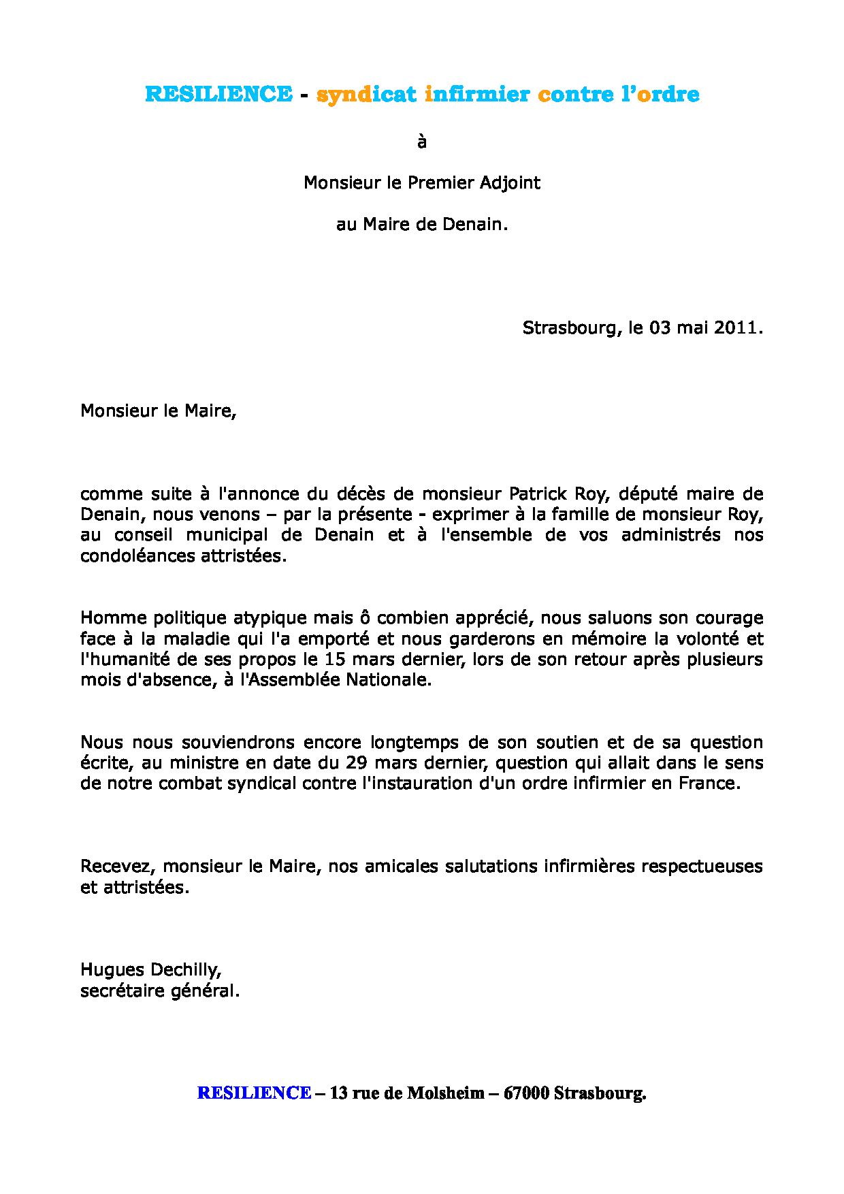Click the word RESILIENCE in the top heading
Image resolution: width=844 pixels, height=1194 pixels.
tap(218, 94)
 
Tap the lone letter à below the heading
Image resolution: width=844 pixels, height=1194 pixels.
tap(422, 142)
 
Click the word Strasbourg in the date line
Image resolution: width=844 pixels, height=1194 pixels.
tap(569, 328)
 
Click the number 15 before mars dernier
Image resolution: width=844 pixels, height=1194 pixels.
tap(335, 660)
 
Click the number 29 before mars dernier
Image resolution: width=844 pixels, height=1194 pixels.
tap(357, 763)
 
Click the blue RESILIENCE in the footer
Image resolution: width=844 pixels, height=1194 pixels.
tap(254, 1093)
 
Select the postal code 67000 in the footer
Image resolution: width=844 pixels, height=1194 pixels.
tap(526, 1093)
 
